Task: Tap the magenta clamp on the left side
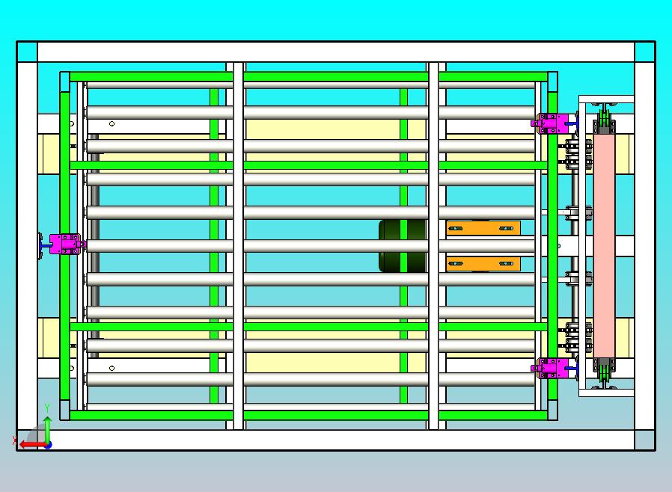[65, 245]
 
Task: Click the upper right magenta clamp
[553, 123]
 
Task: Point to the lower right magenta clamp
[553, 368]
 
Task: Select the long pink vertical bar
[604, 245]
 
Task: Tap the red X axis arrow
[30, 444]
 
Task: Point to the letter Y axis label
[47, 408]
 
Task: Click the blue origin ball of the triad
[47, 444]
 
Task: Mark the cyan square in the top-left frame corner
[27, 52]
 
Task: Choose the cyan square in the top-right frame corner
[644, 52]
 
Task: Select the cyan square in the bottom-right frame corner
[644, 440]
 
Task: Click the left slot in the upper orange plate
[457, 227]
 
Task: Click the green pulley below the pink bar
[604, 374]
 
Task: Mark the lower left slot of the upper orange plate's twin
[457, 262]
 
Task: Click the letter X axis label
[15, 440]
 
